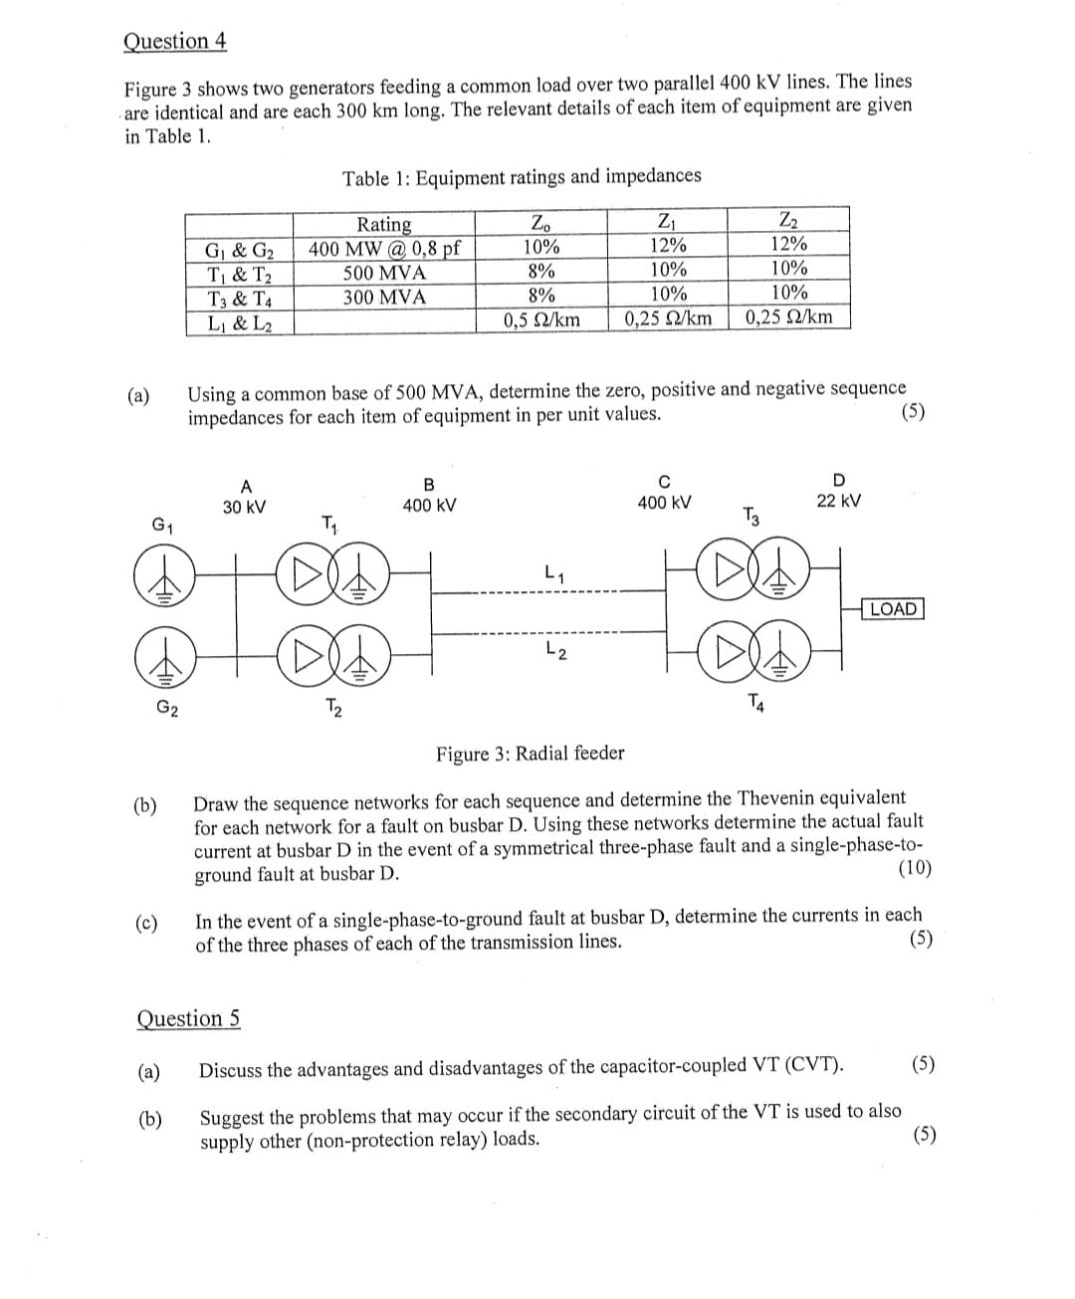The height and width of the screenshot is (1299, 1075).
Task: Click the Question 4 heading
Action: click(x=175, y=42)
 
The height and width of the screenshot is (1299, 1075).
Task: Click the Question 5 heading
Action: click(x=187, y=1018)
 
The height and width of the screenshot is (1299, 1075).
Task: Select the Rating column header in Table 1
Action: click(x=383, y=223)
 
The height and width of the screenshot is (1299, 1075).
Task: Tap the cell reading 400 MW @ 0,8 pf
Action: click(x=383, y=247)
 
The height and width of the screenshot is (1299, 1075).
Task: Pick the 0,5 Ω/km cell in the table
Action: click(x=540, y=320)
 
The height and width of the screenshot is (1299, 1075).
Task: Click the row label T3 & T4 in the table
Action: click(x=239, y=298)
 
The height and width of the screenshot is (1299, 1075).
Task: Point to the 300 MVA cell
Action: click(x=383, y=297)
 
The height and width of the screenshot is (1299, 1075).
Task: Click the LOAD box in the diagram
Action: click(x=893, y=608)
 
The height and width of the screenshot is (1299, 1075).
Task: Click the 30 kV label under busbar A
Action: click(x=244, y=507)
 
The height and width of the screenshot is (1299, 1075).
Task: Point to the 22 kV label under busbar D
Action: click(x=839, y=501)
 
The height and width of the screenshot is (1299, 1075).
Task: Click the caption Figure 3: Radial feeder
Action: click(x=530, y=754)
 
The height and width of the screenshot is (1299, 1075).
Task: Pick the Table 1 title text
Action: click(x=522, y=177)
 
